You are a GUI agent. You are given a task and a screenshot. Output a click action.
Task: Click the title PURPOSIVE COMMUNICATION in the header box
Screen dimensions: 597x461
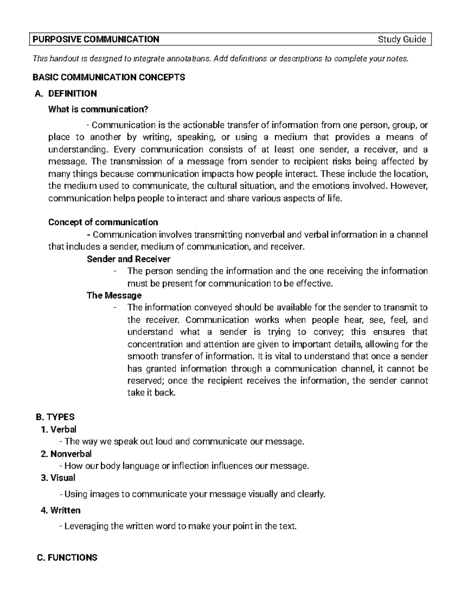point(96,39)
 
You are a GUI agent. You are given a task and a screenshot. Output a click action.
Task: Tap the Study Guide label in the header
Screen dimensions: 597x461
point(402,39)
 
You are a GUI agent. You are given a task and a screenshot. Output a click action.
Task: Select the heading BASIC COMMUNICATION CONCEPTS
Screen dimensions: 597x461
point(109,77)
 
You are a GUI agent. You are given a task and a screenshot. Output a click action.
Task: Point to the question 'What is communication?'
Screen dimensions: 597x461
point(98,110)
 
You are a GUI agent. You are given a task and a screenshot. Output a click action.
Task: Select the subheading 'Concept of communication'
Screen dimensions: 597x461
point(103,222)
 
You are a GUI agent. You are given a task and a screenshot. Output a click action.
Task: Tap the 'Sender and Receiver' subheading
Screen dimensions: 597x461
point(128,259)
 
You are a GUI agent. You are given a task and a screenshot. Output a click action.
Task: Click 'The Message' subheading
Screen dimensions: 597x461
point(114,295)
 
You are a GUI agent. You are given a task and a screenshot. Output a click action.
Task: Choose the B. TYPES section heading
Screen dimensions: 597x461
point(55,417)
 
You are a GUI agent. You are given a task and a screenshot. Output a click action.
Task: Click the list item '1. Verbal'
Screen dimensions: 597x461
point(58,429)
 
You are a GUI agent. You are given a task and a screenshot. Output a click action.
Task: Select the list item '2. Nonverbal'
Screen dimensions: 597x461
point(66,454)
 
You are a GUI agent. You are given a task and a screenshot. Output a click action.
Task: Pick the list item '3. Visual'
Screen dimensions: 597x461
point(58,478)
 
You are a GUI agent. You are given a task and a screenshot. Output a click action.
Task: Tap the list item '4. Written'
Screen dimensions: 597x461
point(60,511)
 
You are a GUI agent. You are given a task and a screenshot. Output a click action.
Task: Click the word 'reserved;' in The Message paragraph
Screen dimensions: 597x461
point(146,381)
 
